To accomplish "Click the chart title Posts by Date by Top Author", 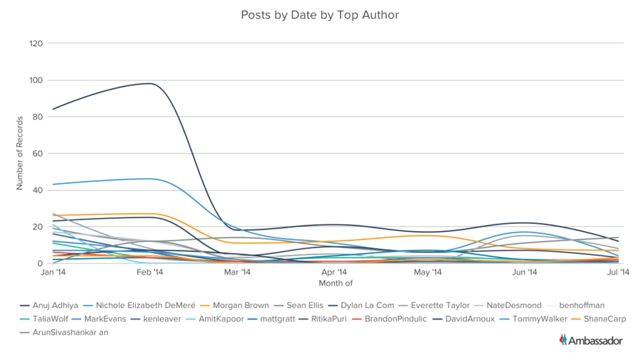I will [319, 14].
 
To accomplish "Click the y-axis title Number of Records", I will [20, 154].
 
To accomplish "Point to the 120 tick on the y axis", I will [36, 43].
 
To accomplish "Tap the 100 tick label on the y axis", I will [36, 80].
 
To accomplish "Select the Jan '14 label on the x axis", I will [53, 272].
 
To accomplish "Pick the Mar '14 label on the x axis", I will [237, 272].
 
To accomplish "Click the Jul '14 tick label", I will [617, 272].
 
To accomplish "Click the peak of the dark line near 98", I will [150, 83].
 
